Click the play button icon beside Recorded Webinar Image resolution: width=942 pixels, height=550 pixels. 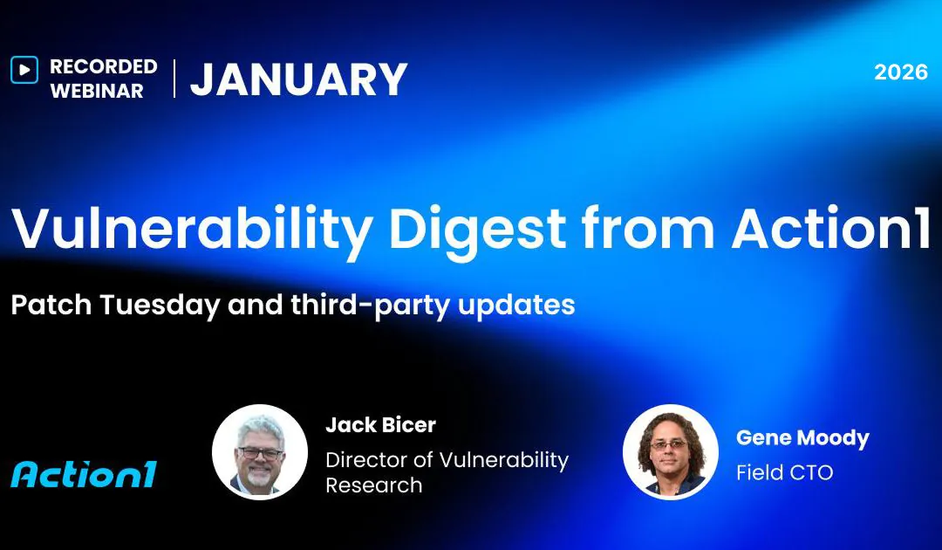coord(24,69)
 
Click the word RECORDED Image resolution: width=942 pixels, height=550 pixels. coord(104,66)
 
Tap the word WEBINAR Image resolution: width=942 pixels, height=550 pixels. coord(97,91)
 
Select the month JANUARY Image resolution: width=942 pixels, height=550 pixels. coord(299,79)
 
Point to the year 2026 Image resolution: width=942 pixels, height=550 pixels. coord(901,72)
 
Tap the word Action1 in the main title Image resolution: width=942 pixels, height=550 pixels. coord(831,230)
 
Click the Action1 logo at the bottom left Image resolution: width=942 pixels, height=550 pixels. coord(84,474)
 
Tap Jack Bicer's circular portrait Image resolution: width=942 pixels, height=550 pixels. coord(260,451)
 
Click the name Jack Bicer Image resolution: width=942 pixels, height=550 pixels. coord(380,425)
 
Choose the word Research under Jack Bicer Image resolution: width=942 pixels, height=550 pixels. coord(374,485)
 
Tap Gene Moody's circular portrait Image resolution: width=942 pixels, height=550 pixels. coord(670,451)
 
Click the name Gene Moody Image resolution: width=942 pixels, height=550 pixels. coord(802,437)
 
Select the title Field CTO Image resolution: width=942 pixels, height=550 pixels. coord(785,472)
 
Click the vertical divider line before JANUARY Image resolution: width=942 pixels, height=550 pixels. coord(174,79)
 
